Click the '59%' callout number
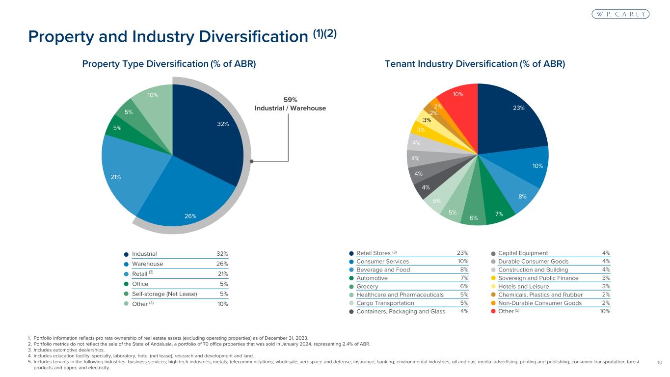[x=290, y=100]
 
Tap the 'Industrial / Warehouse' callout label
[x=290, y=108]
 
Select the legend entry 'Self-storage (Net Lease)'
[x=164, y=295]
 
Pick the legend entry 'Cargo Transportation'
[x=385, y=303]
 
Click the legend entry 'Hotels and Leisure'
[x=523, y=286]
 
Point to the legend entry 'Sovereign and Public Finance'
[x=538, y=278]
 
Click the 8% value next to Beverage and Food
[x=463, y=269]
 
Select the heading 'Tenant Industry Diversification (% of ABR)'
[x=476, y=64]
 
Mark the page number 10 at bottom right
[x=659, y=362]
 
